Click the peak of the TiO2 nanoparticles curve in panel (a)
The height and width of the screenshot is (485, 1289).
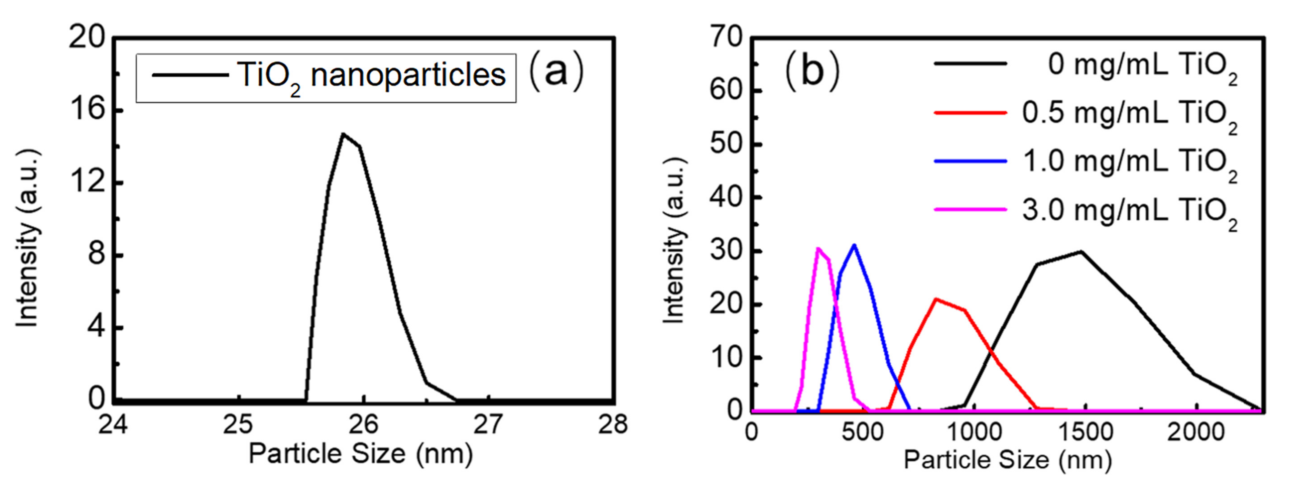[343, 134]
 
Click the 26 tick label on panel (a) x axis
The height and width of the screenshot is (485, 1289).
[363, 425]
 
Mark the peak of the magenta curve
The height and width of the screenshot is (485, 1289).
[818, 248]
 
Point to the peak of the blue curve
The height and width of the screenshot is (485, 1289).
[854, 245]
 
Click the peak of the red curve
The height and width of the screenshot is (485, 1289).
[935, 299]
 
